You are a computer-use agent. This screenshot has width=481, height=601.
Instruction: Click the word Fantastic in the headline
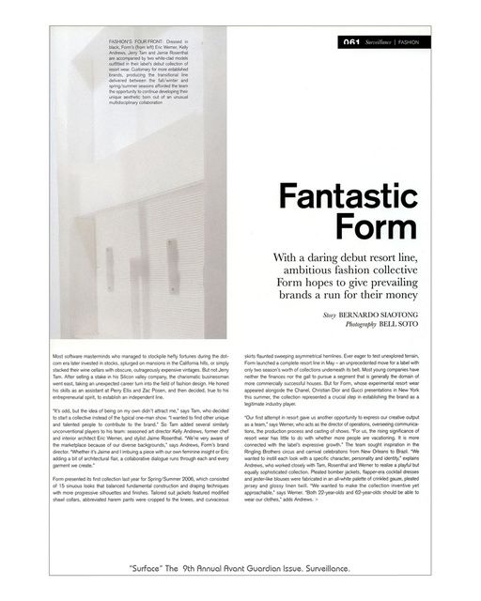[349, 200]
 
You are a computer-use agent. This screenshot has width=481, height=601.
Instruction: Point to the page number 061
[352, 42]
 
